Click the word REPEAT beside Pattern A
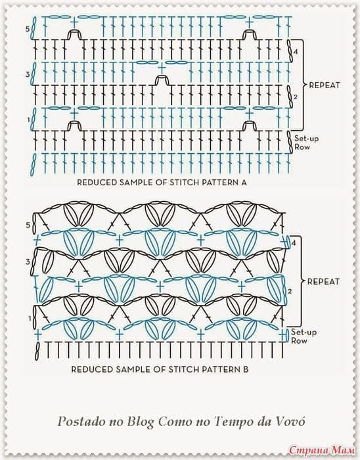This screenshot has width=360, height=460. [325, 85]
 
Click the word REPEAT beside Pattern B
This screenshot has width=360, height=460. [323, 282]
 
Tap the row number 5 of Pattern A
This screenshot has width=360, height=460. [28, 29]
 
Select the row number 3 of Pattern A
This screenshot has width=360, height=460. [28, 74]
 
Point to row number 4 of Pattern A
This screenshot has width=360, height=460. [296, 52]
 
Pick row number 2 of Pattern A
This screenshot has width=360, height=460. [295, 96]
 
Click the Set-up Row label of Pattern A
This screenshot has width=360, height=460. [306, 143]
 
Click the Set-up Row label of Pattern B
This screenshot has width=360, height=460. [304, 336]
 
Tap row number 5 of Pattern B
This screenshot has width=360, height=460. [28, 225]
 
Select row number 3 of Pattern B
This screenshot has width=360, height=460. [28, 262]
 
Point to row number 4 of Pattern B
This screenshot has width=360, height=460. [294, 243]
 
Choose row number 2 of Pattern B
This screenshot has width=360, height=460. [290, 291]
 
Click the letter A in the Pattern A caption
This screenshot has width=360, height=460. [244, 183]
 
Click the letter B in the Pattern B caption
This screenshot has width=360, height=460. [246, 369]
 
